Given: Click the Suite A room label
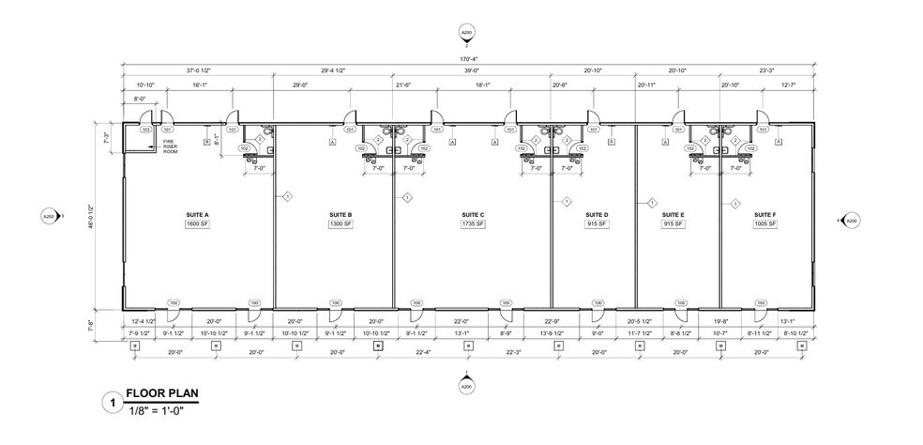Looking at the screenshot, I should (x=197, y=215).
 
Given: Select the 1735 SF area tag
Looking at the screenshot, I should (x=472, y=224).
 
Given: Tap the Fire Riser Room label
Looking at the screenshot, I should (x=170, y=146).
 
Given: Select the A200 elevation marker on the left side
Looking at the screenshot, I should (x=49, y=217).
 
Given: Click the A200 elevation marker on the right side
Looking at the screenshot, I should (x=851, y=221).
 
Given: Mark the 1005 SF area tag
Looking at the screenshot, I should (x=765, y=224).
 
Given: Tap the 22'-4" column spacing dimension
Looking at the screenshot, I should (x=422, y=354).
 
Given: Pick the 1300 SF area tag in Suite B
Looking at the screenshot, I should (x=340, y=224).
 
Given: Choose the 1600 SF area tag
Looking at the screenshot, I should (x=197, y=224).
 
